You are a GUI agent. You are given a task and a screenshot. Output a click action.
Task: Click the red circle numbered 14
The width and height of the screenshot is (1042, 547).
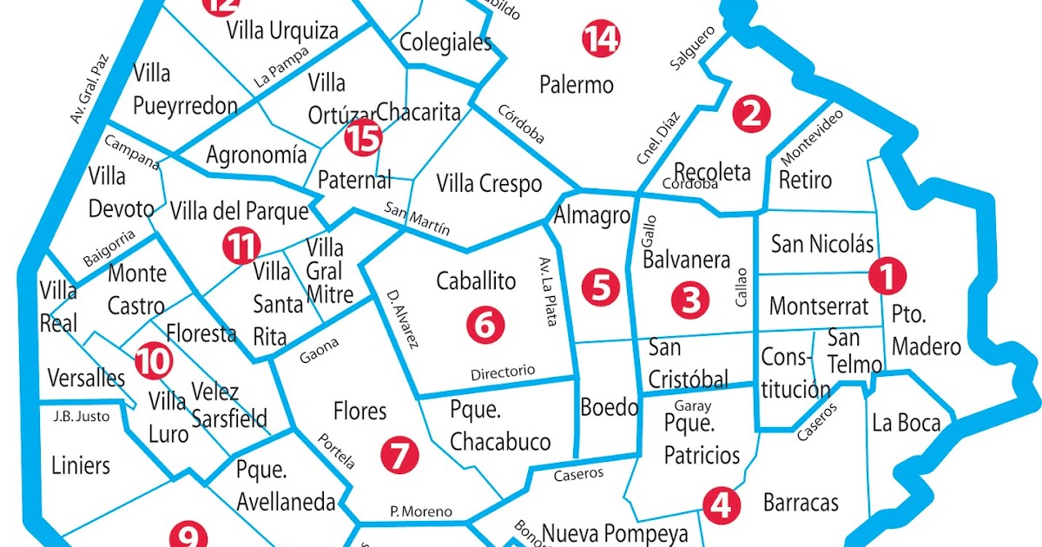(x=601, y=40)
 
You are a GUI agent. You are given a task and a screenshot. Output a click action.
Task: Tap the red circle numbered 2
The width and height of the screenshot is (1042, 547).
(x=751, y=114)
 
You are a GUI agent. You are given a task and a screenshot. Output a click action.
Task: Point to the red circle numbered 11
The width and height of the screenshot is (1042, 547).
(x=241, y=247)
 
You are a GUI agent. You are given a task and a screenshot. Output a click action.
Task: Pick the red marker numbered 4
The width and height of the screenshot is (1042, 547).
(x=720, y=504)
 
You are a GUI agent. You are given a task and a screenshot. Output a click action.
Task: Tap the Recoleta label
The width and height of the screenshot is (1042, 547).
(x=712, y=171)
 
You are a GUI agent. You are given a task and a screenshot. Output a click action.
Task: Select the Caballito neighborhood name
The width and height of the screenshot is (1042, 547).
(x=476, y=281)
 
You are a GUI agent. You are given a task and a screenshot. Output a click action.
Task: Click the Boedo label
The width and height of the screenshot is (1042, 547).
(x=609, y=406)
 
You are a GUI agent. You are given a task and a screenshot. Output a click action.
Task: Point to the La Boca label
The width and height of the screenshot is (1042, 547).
(x=907, y=424)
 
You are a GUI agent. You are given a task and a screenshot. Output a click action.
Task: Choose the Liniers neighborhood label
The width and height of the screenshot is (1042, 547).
(x=81, y=465)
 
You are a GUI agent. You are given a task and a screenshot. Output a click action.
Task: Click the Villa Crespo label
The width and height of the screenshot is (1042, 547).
(x=489, y=184)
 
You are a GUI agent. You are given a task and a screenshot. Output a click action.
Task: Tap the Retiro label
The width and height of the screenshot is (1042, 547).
(x=805, y=181)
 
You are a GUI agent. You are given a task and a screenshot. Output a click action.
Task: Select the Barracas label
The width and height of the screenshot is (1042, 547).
(x=801, y=502)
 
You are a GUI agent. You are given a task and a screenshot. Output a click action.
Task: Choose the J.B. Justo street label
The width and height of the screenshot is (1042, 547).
(x=82, y=417)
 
